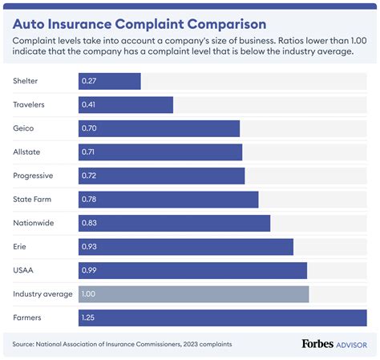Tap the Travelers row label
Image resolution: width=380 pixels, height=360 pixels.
[x=30, y=104]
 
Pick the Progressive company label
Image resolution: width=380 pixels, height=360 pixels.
[x=34, y=176]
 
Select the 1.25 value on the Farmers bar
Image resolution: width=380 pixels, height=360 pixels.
[x=88, y=318]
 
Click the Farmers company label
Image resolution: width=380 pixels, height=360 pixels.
[x=28, y=318]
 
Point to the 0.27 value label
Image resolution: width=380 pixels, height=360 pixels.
[x=88, y=81]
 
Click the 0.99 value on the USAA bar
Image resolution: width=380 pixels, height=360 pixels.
[x=88, y=270]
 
